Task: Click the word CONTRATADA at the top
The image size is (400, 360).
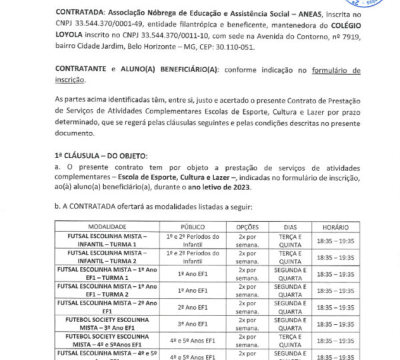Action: [79, 13]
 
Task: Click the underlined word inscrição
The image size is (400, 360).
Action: [69, 81]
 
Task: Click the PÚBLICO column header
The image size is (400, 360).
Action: [192, 227]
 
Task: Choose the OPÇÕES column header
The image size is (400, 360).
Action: [247, 227]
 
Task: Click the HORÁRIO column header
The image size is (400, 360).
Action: [335, 227]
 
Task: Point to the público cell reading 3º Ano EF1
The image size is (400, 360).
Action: [192, 323]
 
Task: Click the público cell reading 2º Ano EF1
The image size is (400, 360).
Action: [192, 307]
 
